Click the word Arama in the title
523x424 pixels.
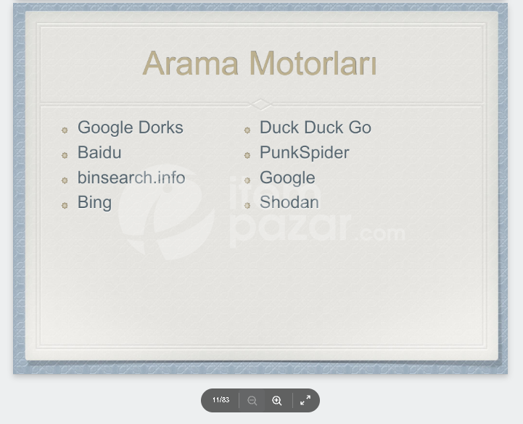191,63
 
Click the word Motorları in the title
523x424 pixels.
313,63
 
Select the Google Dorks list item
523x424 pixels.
131,128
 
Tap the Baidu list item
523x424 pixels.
99,153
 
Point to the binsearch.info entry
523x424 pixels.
131,178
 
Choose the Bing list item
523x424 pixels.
95,203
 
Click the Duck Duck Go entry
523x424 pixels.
316,128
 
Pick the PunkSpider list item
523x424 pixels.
305,153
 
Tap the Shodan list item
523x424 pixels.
289,202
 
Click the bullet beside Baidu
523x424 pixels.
65,155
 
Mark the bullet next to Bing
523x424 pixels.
65,205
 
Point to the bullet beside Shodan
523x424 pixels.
247,205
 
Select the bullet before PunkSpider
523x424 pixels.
247,155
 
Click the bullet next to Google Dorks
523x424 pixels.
65,130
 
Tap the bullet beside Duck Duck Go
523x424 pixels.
247,130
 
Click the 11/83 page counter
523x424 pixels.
221,400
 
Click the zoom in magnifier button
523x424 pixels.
277,400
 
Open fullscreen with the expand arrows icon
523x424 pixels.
305,400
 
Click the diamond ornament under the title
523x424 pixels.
261,104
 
